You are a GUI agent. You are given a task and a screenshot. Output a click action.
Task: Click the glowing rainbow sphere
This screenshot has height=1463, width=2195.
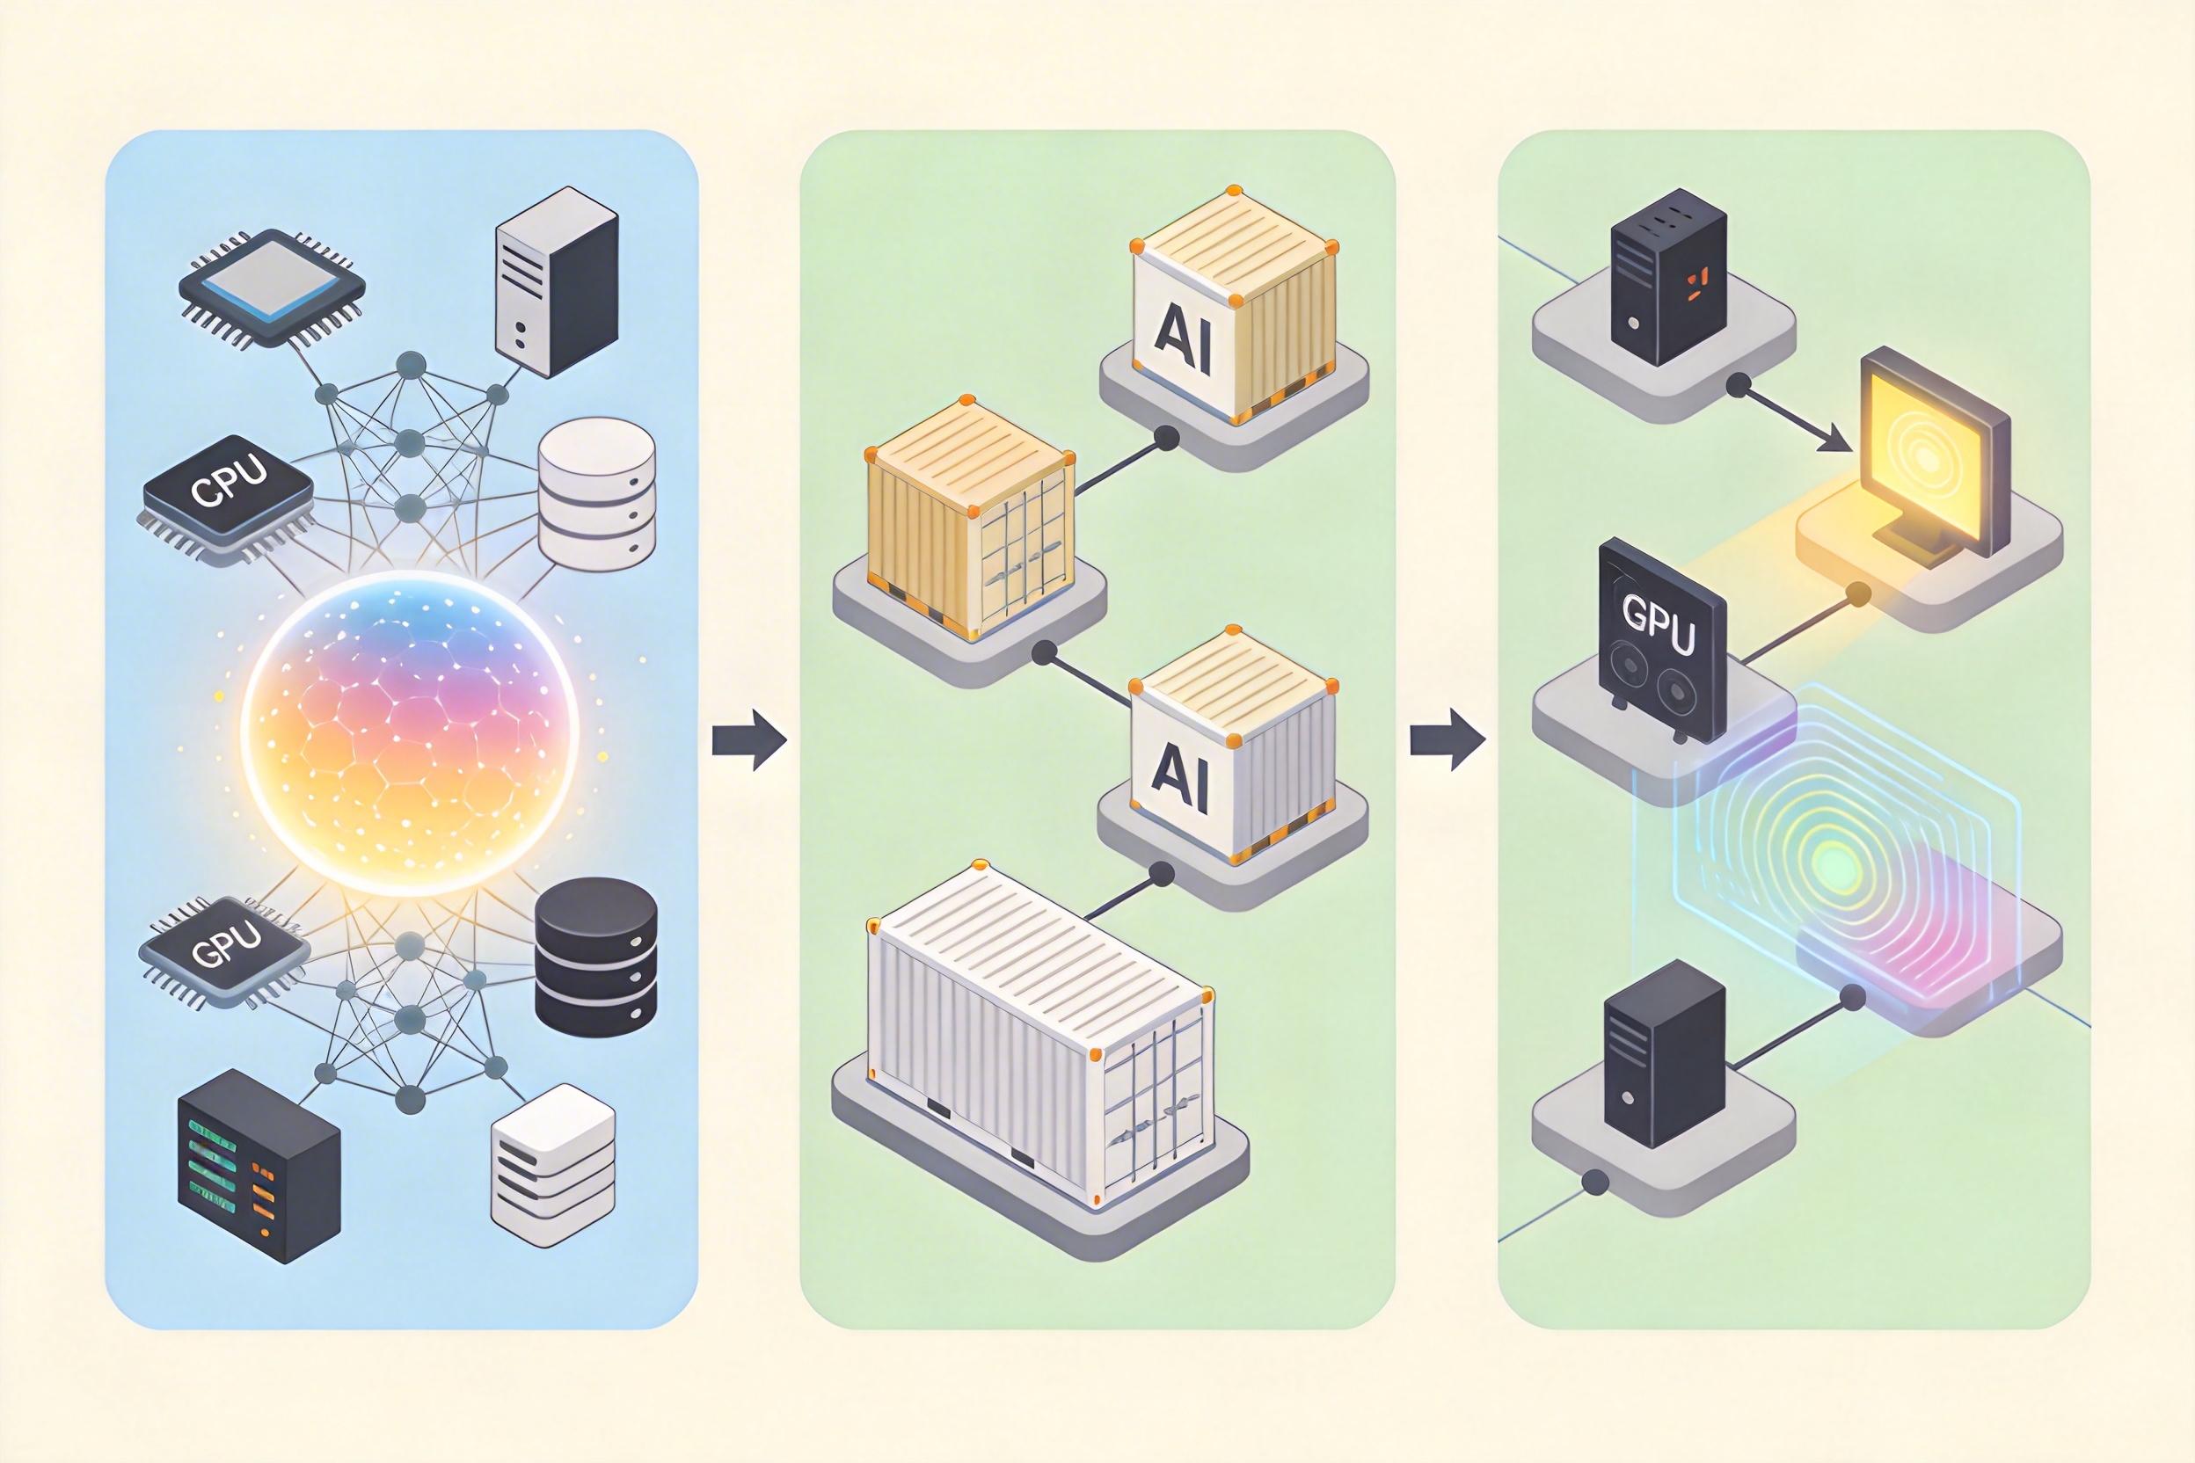pos(409,733)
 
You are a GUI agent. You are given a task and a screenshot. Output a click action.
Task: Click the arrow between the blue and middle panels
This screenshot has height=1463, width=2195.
pos(748,741)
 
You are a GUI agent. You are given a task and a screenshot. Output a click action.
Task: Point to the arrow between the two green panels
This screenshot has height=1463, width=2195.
pos(1447,741)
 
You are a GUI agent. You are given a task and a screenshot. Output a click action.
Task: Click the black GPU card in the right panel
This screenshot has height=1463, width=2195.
pos(1661,644)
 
